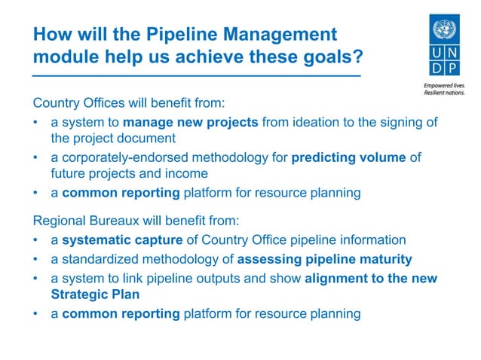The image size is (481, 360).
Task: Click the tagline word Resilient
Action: point(435,96)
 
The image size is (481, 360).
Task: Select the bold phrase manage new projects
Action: point(191,123)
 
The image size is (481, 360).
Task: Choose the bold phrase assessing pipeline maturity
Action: point(325,260)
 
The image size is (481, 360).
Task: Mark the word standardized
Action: point(99,260)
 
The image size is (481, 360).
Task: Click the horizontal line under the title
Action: point(196,76)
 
